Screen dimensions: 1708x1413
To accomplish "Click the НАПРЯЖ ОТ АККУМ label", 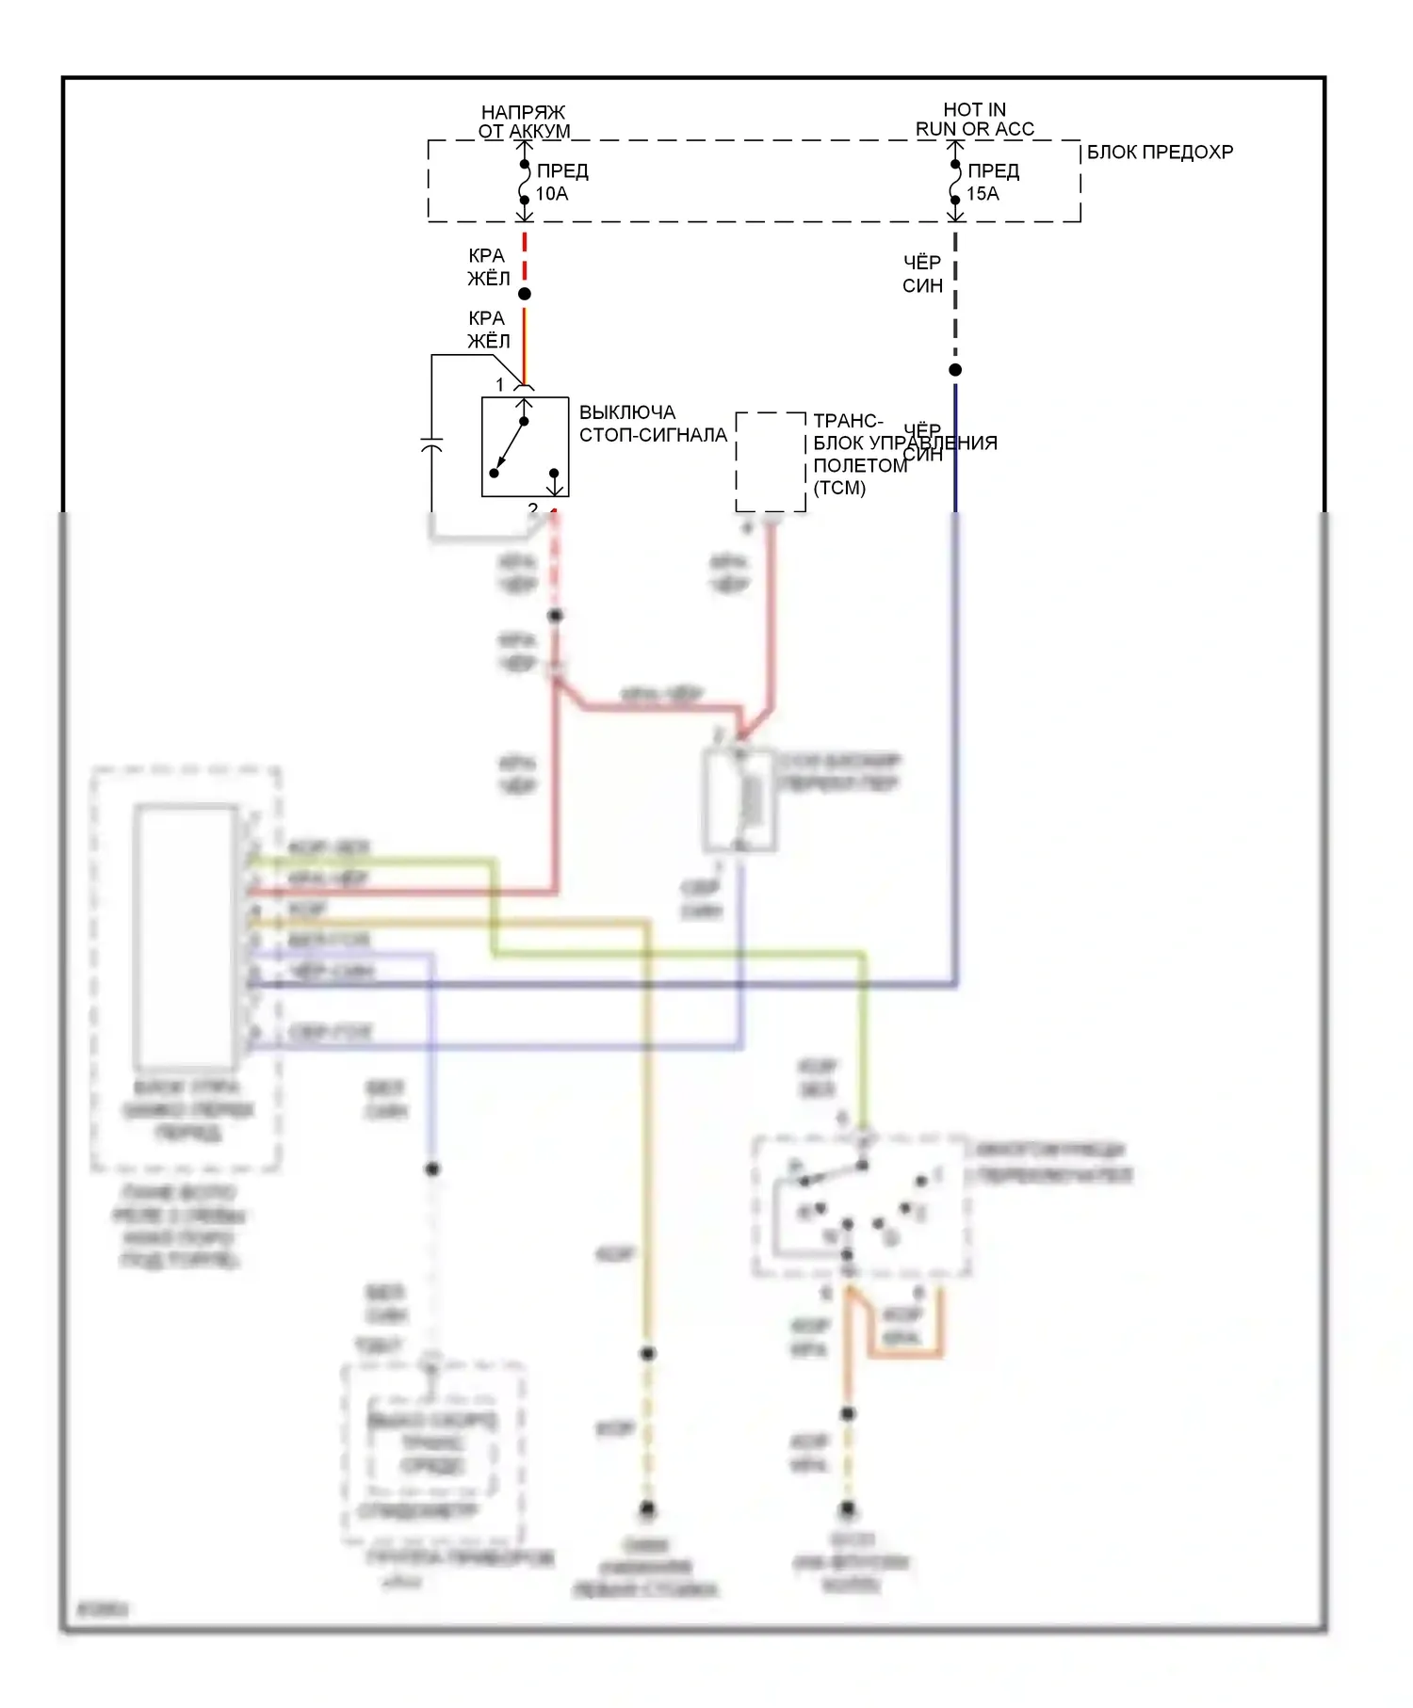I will point(524,121).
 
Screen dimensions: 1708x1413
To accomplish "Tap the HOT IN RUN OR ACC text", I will point(975,120).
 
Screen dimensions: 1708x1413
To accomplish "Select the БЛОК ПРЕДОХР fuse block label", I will point(1160,153).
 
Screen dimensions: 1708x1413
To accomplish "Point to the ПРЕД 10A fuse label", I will point(561,183).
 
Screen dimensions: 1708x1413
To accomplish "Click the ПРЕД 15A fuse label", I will point(993,183).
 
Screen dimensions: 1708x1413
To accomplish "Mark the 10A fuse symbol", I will point(525,183).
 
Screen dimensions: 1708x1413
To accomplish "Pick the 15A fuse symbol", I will point(955,183).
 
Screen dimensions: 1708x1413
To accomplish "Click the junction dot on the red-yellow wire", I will point(525,294).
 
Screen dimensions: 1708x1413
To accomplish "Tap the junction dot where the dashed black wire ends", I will point(955,370).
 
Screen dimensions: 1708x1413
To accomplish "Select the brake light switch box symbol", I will point(525,447).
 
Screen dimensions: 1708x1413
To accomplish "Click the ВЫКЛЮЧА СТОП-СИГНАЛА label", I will point(653,424).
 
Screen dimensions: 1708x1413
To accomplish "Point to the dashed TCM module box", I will point(771,462).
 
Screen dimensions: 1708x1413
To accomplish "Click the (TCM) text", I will point(839,488).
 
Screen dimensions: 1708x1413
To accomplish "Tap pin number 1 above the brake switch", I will point(500,384).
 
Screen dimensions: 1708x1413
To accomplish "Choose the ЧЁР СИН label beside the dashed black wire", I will point(922,274).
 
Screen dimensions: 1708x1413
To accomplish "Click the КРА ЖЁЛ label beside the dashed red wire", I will point(488,267).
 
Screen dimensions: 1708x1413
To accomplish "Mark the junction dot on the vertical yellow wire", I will point(648,1353).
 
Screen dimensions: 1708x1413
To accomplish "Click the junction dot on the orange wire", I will point(848,1413).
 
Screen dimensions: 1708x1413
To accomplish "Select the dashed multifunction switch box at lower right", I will point(861,1206).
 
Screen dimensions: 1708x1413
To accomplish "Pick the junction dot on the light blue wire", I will point(432,1168).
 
